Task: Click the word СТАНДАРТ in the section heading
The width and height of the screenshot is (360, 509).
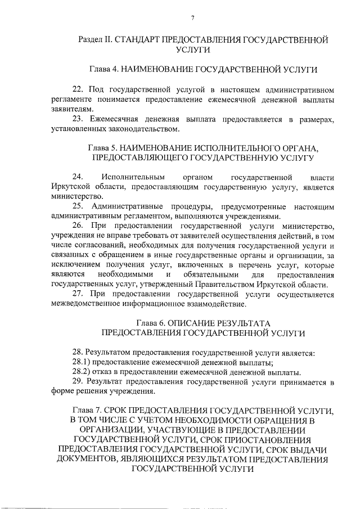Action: click(133, 40)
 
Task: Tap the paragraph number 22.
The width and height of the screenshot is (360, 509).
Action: click(79, 89)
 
